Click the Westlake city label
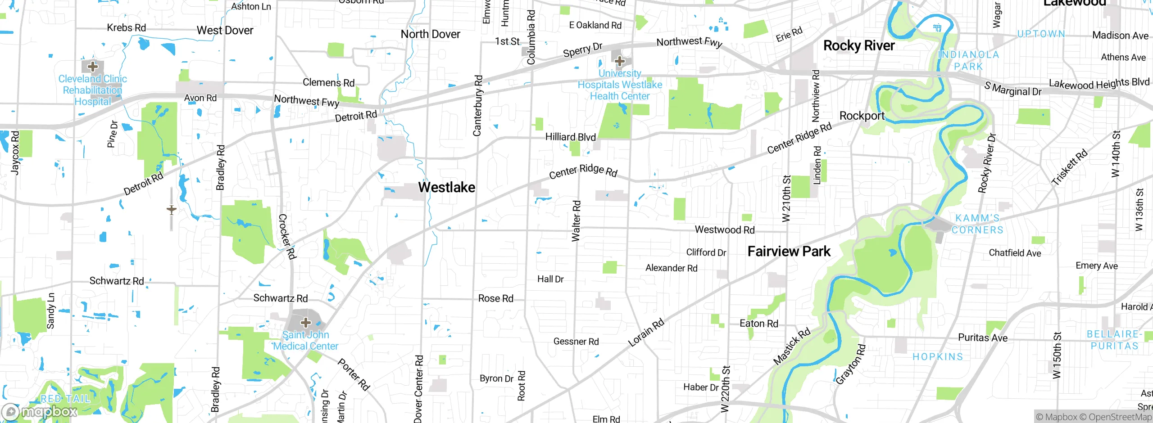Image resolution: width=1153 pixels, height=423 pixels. click(x=446, y=187)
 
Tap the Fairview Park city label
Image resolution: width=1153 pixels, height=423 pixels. click(x=789, y=251)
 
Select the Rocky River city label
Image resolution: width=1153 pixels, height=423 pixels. click(x=858, y=45)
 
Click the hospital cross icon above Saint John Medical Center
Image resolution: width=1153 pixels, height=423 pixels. click(x=306, y=322)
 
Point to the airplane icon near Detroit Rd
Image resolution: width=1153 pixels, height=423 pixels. click(x=171, y=210)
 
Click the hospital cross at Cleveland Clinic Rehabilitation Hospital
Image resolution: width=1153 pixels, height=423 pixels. click(x=92, y=67)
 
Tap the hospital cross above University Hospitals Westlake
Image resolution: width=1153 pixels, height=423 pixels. click(x=620, y=61)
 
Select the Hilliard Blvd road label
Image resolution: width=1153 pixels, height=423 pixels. click(x=570, y=137)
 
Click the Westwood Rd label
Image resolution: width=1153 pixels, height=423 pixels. click(x=724, y=229)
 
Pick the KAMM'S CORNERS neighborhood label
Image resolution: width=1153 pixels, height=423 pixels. click(x=977, y=224)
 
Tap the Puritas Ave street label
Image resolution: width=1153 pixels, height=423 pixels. click(x=982, y=337)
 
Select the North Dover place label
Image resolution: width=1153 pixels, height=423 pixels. click(x=430, y=34)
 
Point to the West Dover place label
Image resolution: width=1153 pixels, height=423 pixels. click(x=225, y=31)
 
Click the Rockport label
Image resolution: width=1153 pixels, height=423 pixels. click(x=862, y=116)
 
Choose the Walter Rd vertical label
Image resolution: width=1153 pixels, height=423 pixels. click(x=576, y=221)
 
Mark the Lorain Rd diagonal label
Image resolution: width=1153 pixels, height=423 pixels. click(x=646, y=333)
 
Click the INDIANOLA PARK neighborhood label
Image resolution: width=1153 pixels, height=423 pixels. click(x=968, y=60)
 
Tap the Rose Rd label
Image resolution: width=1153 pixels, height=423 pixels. click(x=495, y=298)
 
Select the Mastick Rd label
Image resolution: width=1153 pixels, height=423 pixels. click(x=791, y=346)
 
